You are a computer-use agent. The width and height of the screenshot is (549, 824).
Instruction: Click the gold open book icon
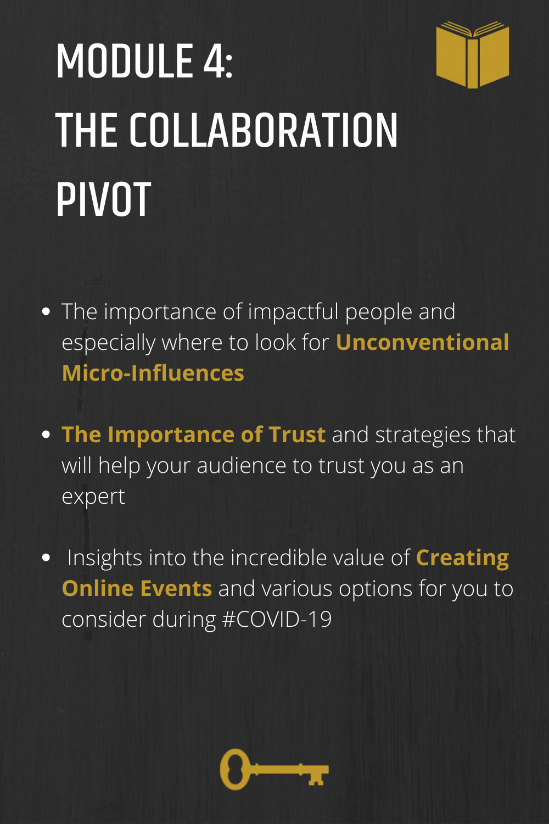(473, 55)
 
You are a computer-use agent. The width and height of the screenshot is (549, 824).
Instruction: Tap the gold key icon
(274, 769)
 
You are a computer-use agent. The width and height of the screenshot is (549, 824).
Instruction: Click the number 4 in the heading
(213, 61)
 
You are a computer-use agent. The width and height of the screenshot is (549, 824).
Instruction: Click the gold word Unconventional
(423, 342)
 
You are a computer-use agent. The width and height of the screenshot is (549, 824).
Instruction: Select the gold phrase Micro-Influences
(153, 373)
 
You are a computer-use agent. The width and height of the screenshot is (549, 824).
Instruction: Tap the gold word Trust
(297, 435)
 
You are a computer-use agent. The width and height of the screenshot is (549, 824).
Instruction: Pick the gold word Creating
(463, 559)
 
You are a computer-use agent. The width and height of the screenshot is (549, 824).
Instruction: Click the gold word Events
(176, 588)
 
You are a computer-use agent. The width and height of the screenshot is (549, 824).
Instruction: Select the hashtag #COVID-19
(277, 619)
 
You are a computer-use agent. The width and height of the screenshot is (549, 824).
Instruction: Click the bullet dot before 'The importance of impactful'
(46, 311)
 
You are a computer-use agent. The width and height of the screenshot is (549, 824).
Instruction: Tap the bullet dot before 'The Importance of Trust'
(46, 435)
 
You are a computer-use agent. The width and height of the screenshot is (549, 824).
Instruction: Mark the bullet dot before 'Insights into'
(46, 558)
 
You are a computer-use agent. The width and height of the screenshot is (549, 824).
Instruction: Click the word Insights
(105, 559)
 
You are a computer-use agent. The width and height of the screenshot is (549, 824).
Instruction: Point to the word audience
(241, 466)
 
